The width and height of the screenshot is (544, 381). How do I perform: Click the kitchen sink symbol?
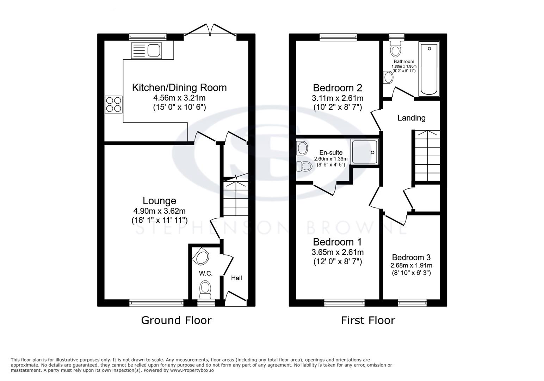coord(146,50)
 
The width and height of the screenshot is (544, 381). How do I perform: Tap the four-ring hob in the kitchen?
coord(113,104)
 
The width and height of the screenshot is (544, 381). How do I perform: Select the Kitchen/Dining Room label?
coord(179,87)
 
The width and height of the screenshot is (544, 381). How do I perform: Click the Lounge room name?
coord(159,201)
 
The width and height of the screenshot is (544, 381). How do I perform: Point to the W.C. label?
coord(205,273)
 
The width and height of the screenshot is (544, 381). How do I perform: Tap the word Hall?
coord(236,278)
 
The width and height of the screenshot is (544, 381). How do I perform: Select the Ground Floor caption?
coord(176,320)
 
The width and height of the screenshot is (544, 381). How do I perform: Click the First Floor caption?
coord(368,320)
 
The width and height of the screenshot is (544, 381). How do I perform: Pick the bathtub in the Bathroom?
coord(429,69)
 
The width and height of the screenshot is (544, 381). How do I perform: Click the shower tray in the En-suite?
coord(365,151)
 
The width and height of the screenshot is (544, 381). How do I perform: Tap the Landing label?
coord(411,118)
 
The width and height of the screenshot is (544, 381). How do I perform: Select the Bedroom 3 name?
coord(411,258)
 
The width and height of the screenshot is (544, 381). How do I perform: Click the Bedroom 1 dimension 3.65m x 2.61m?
coord(338,252)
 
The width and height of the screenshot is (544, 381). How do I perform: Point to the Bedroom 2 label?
coord(338,87)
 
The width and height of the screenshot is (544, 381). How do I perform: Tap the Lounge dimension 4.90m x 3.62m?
coord(159,211)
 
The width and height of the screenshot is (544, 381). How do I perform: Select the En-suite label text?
coord(331,153)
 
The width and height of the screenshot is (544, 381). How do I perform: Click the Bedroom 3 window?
coord(412,302)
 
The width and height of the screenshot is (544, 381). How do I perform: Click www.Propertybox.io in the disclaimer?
coord(192,370)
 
